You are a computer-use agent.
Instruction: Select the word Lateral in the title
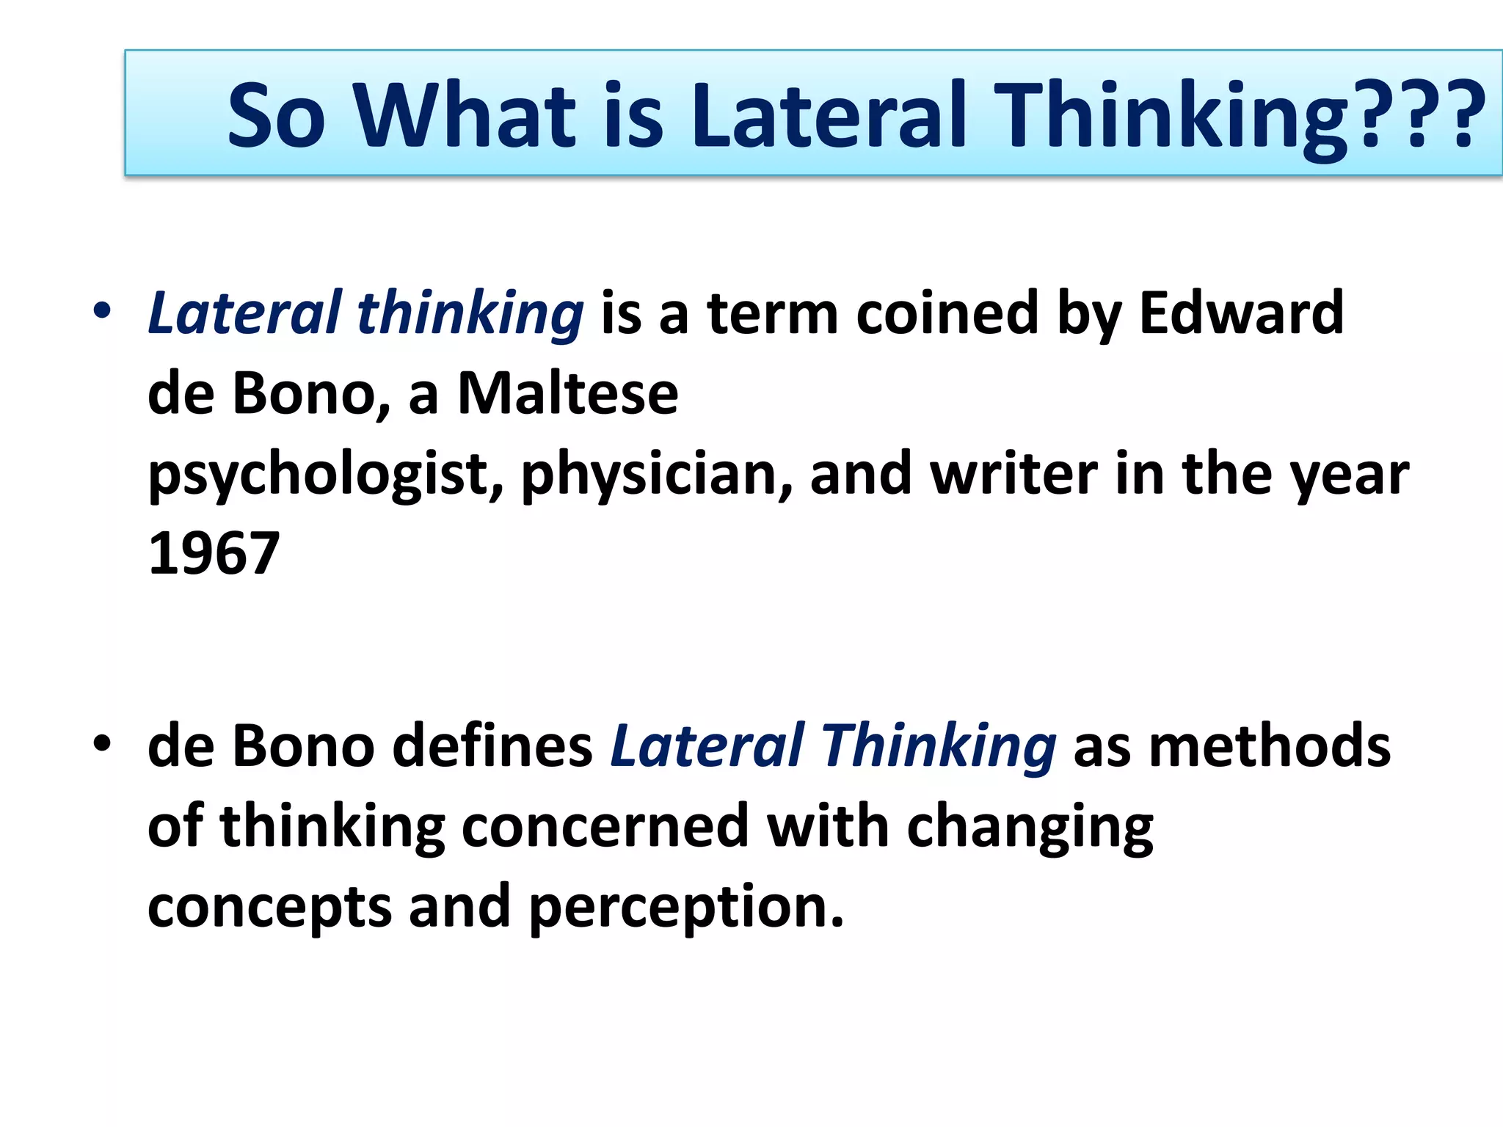829,116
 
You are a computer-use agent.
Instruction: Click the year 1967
214,554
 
